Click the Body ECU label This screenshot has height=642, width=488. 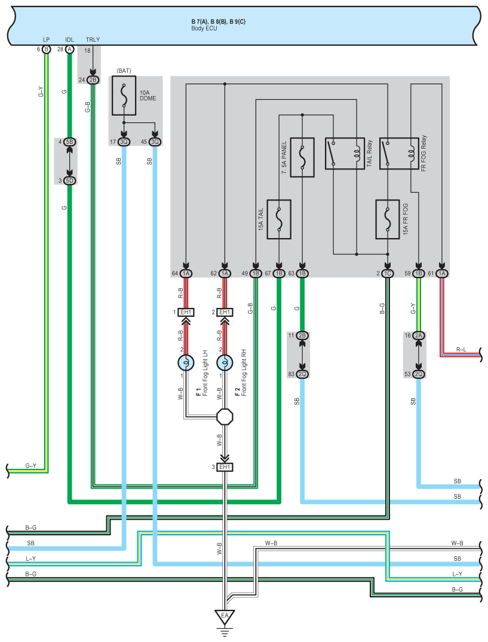[x=204, y=28]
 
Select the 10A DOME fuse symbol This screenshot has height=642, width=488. [x=124, y=95]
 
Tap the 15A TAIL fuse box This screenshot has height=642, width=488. [x=279, y=220]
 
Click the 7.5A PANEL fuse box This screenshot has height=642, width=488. [x=302, y=158]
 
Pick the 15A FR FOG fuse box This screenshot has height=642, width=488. [x=388, y=220]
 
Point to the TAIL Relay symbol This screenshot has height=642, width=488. [x=345, y=153]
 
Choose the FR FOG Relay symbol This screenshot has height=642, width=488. [x=399, y=153]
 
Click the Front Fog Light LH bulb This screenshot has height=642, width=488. [x=186, y=363]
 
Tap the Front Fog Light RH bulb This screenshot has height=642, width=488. [x=225, y=363]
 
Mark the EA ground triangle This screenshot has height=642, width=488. [x=225, y=616]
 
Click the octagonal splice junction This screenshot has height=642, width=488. [x=225, y=417]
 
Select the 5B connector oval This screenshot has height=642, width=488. [x=70, y=142]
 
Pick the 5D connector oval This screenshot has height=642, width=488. [x=70, y=181]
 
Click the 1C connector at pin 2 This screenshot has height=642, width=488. [x=388, y=273]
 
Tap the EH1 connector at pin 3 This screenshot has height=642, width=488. [x=225, y=467]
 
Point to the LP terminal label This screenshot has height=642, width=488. [x=47, y=40]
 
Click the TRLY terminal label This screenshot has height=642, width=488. [x=93, y=40]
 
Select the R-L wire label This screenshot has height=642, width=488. [x=461, y=350]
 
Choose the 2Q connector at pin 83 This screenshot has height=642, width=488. [x=302, y=374]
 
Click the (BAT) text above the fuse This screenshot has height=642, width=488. [x=124, y=71]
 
